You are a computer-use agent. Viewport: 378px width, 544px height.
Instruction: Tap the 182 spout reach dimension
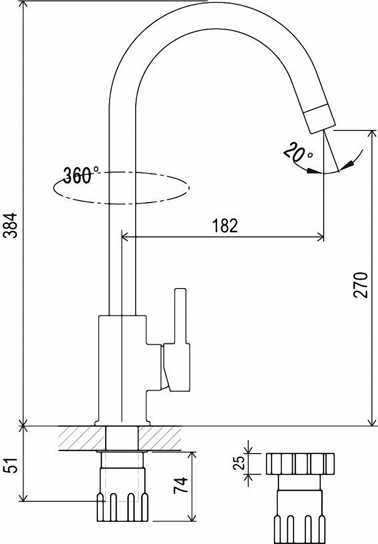225,225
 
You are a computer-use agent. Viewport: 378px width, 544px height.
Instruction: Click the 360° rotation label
80,175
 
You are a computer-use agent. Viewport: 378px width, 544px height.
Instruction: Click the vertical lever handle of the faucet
181,316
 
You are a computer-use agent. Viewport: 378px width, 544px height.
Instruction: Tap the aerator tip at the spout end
319,119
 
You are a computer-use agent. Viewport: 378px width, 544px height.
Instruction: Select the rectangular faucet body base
122,368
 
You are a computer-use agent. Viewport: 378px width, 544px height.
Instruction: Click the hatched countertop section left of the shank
81,438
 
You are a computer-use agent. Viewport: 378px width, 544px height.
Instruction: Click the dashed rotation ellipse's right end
188,187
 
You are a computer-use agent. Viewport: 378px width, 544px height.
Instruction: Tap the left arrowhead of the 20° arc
311,171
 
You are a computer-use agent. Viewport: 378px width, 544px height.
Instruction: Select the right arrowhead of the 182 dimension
321,238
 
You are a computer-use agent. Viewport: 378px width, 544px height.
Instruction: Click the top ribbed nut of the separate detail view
300,463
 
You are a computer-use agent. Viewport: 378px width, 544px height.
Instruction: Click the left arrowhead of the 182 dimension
125,238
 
